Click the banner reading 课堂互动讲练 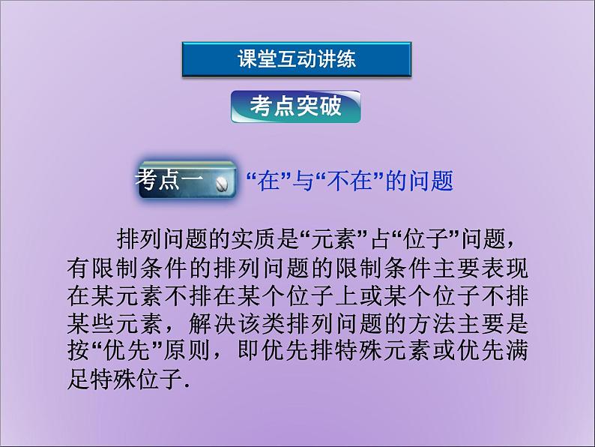296,60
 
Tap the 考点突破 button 295,107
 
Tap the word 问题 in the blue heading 430,181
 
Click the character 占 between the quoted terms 375,239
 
